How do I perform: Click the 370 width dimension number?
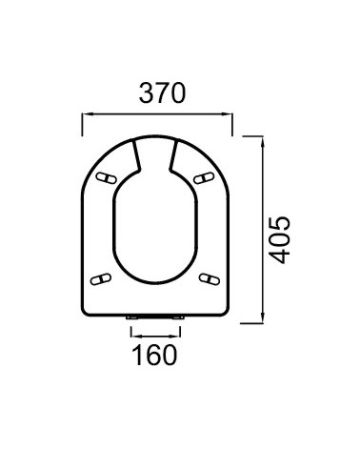pos(162,92)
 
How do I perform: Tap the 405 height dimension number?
pos(279,240)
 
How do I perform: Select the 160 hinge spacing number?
pos(154,355)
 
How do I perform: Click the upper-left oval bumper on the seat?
pos(107,178)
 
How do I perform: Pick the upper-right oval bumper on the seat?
pos(204,178)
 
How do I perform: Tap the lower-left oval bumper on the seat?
pos(101,279)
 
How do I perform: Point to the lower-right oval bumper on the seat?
pos(210,279)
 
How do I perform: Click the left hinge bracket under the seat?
pos(131,317)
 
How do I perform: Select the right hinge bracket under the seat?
pos(177,317)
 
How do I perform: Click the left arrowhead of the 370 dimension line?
pos(86,114)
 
